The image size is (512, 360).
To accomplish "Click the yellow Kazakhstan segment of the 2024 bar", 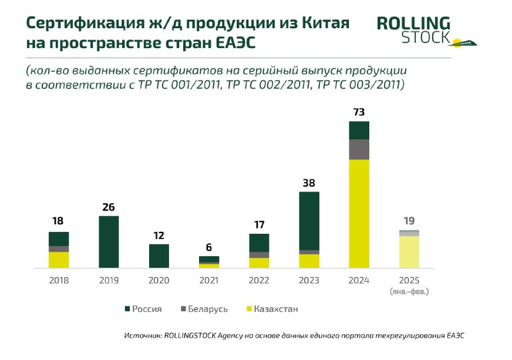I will tap(359, 213).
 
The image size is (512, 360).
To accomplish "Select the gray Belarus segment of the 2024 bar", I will tap(359, 149).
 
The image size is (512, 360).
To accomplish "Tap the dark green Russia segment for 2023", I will tap(309, 220).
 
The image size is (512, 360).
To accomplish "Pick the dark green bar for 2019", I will tap(109, 241).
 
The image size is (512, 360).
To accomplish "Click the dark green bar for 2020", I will tap(159, 256).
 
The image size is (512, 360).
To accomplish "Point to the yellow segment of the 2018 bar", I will tap(59, 259).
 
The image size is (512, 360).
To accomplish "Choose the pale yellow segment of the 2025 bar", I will tap(409, 252).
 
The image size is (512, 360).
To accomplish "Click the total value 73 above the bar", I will tap(359, 113).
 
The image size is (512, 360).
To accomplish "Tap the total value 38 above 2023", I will tap(309, 183).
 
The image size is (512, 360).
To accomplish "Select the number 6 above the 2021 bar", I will tap(209, 248).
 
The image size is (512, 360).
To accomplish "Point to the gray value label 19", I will tap(409, 221).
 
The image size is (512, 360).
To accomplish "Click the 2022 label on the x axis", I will tap(259, 281).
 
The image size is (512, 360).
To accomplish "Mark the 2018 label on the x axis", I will tap(59, 281).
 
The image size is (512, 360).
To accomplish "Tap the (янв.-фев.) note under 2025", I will tap(409, 291).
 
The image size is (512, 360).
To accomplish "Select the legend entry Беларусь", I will tap(205, 309).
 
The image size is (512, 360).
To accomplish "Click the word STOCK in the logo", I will tap(425, 38).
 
